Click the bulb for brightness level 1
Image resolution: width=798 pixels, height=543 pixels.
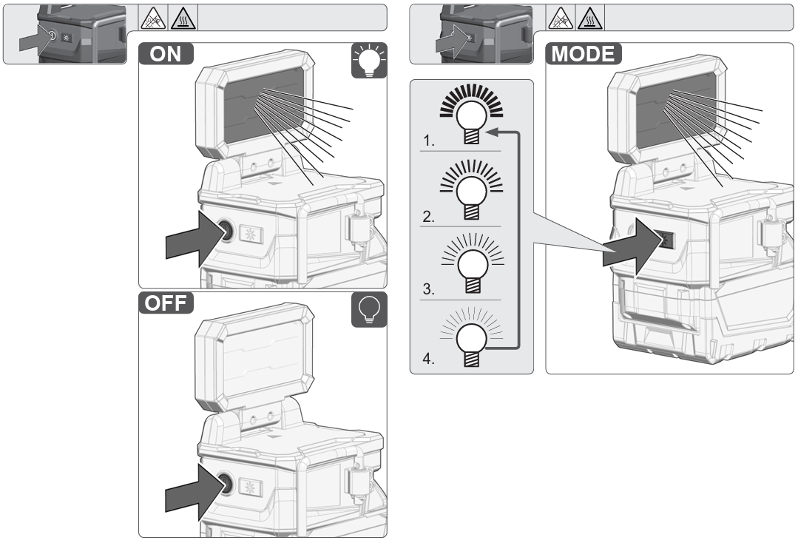(470, 115)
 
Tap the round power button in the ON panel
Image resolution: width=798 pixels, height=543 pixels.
(225, 231)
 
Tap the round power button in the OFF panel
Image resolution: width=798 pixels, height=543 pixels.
(225, 482)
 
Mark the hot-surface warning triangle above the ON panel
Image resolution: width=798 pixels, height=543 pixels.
(180, 17)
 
